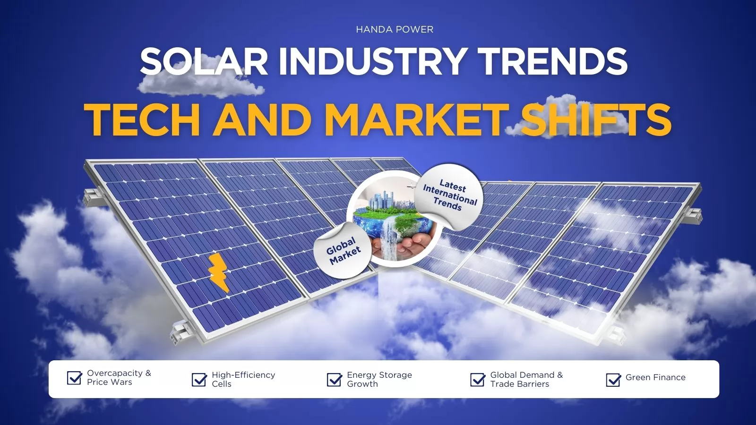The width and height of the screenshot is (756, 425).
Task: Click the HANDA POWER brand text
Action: pos(395,30)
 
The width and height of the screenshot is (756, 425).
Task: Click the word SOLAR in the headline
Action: pos(204,61)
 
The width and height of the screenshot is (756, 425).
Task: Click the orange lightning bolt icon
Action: pos(218,272)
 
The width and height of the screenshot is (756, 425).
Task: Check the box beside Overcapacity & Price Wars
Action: pos(75,378)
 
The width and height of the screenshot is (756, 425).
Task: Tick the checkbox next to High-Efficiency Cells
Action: pos(199,380)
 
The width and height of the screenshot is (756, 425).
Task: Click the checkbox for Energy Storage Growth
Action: pos(335,380)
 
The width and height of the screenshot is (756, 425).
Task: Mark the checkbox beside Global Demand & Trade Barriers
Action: pos(478,380)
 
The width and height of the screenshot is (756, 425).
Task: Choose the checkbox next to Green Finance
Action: pos(614,380)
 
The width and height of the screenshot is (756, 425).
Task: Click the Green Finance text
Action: pos(655,377)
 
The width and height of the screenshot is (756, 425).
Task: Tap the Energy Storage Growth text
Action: pos(379,380)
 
